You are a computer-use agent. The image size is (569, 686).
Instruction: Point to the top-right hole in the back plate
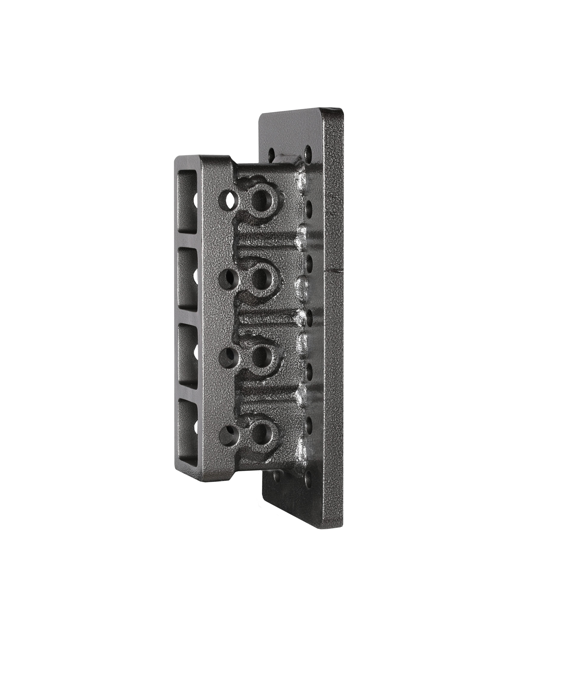(308, 151)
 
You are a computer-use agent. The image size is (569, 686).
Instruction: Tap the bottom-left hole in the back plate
(277, 475)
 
